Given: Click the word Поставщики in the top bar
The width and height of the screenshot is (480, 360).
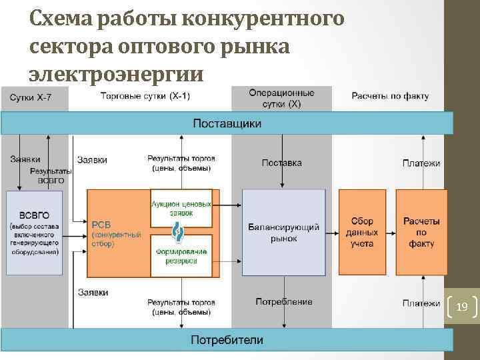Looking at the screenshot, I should point(227,123).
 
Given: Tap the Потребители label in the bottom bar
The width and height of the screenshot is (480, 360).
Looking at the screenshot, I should point(227,340).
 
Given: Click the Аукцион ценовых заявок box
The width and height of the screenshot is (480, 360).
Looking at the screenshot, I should point(181,208).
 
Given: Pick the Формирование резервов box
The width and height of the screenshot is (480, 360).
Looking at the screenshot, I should point(181,256).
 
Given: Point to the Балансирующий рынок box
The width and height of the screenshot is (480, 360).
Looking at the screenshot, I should point(284,232).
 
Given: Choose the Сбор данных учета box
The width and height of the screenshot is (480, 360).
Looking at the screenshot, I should point(362,232).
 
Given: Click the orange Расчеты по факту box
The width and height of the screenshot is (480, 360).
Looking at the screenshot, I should point(421,232).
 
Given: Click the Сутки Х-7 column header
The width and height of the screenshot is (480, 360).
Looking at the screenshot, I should point(30,97).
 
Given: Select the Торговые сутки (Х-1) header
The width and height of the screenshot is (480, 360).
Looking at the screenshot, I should point(145,96).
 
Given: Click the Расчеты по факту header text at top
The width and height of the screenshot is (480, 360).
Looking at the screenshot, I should point(390,96).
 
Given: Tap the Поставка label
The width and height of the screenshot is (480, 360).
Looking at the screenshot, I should point(281,163).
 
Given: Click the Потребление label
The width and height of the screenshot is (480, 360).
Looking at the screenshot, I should point(284,302).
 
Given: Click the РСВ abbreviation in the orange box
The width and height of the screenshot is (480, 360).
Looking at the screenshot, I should point(102,225).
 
